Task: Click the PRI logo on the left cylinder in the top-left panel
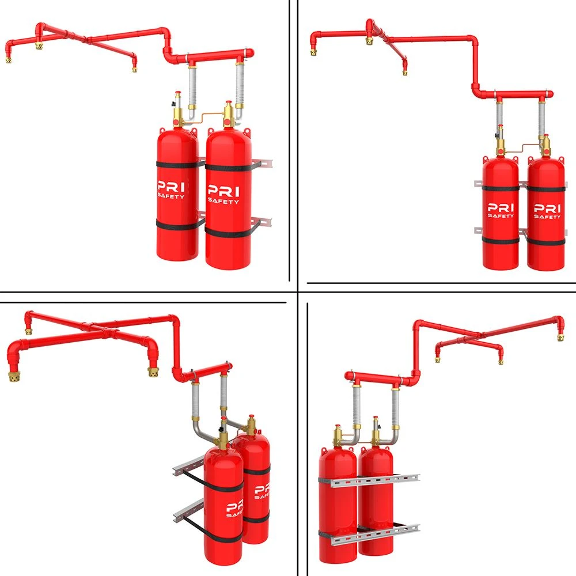tap(171, 186)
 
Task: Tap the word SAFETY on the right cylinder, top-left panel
tap(223, 201)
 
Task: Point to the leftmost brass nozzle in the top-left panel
tap(8, 59)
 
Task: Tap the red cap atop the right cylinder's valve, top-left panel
tap(229, 103)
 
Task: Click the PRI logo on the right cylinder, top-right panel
tap(547, 209)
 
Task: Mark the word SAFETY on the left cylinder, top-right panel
tap(501, 215)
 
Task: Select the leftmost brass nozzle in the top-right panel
tap(313, 52)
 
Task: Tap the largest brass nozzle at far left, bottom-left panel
tap(14, 376)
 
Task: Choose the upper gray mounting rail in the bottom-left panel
tap(188, 464)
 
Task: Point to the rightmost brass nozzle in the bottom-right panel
tap(560, 337)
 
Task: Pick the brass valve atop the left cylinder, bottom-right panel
tap(338, 435)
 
